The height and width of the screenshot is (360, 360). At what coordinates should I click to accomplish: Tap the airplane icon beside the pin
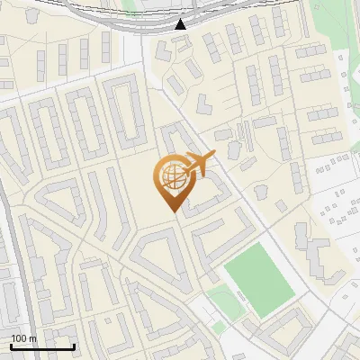click(x=197, y=164)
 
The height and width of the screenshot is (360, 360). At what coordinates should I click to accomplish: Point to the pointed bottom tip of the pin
click(x=171, y=211)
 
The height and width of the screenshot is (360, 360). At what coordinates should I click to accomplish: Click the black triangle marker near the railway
click(x=181, y=24)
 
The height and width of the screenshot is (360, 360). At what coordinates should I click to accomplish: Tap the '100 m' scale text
click(x=23, y=337)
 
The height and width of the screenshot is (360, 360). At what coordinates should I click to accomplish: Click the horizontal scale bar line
click(x=42, y=346)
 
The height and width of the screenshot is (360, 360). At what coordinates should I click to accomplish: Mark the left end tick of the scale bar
click(x=11, y=346)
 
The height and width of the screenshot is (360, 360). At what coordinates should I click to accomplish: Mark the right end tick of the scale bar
click(x=74, y=346)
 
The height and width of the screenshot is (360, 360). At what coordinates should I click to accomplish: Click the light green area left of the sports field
click(x=219, y=299)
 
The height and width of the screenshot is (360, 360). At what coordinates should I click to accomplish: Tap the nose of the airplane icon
click(x=214, y=156)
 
